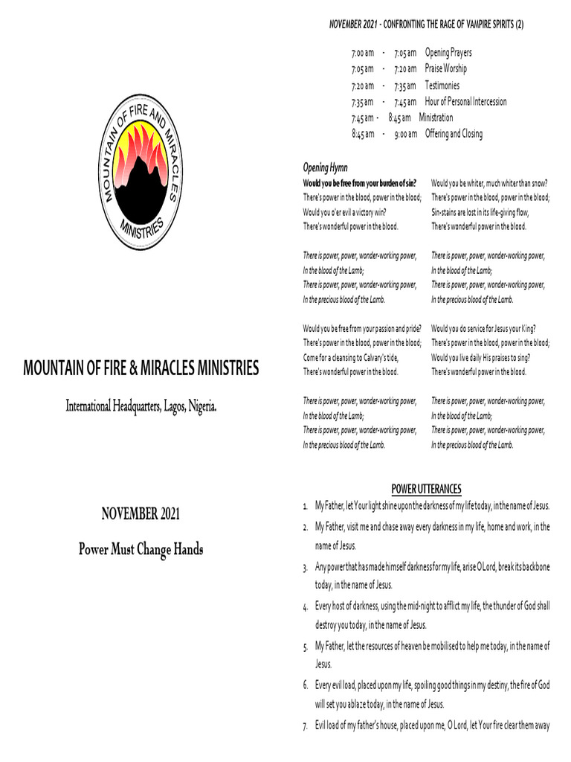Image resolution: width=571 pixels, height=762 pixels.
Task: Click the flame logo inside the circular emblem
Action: tap(141, 168)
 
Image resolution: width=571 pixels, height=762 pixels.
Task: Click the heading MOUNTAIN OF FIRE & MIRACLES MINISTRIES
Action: tap(141, 368)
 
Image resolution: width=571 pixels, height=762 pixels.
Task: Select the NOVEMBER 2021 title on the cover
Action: tap(141, 513)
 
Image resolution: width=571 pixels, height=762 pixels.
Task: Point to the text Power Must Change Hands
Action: tap(141, 550)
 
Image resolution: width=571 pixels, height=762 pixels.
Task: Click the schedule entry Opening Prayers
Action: tap(448, 53)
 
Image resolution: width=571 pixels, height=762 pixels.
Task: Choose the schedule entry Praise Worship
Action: tap(446, 69)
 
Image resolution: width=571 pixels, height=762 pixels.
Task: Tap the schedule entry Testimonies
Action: tap(442, 86)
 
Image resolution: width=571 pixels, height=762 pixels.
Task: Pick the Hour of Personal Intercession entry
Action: tap(465, 102)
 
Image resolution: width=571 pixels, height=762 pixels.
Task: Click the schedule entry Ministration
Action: tap(436, 118)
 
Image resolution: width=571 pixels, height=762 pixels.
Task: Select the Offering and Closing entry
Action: tap(454, 134)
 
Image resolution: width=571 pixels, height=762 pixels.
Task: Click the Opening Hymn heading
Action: tap(325, 167)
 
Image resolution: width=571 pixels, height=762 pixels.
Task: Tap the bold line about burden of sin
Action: tap(360, 183)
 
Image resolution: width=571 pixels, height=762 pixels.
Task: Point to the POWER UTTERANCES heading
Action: tap(426, 489)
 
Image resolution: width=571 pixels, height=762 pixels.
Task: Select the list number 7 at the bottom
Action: tap(306, 726)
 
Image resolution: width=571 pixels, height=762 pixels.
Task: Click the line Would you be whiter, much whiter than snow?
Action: tap(489, 183)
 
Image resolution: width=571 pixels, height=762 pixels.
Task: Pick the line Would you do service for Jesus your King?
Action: tap(484, 328)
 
